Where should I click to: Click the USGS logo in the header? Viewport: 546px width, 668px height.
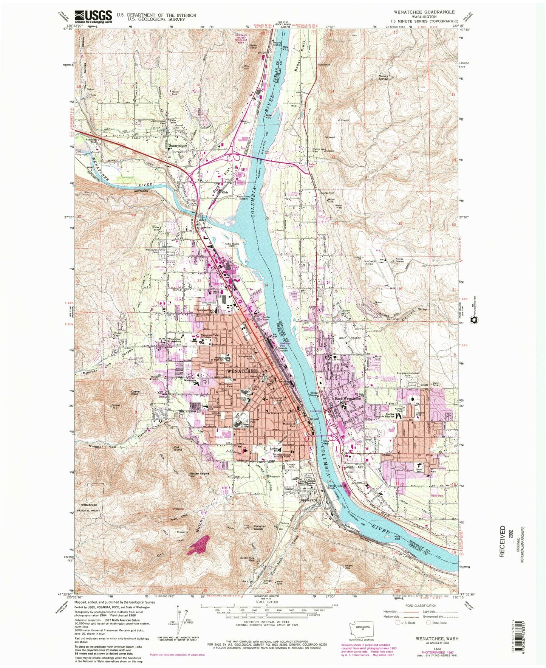click(x=93, y=16)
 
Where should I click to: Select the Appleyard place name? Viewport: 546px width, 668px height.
click(x=308, y=500)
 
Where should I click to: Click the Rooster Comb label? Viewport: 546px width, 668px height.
click(x=259, y=528)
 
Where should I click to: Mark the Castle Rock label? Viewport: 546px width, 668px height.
click(x=136, y=393)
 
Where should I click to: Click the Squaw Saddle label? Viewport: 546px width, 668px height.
click(x=198, y=474)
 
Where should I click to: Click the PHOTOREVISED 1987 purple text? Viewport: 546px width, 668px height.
click(x=438, y=649)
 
